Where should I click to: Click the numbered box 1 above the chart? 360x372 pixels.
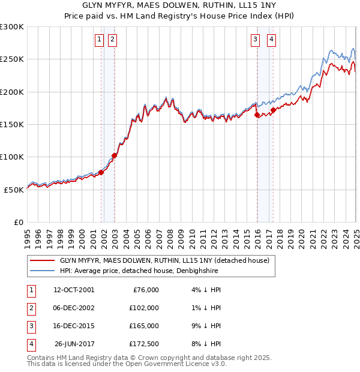[98, 40]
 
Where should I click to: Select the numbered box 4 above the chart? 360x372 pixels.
[272, 40]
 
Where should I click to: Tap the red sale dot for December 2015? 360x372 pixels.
[257, 115]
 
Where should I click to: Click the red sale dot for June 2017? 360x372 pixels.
[273, 110]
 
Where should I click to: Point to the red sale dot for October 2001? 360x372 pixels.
[101, 172]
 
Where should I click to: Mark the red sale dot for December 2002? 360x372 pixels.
[114, 155]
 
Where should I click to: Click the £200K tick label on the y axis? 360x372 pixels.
[12, 92]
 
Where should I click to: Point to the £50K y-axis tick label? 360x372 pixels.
[14, 189]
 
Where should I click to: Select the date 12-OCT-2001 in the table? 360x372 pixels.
[74, 290]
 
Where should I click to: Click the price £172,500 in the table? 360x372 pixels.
[144, 344]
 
